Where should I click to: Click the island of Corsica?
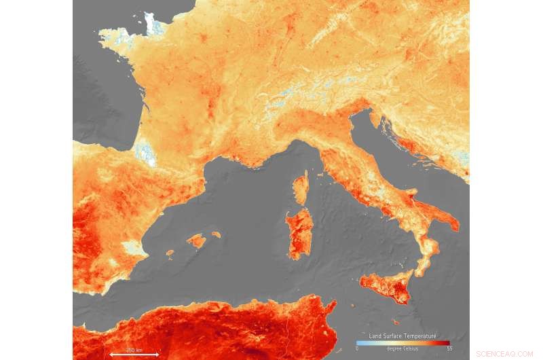[x=301, y=188]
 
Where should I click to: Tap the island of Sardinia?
[x=299, y=232]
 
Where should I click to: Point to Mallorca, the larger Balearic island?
[x=197, y=240]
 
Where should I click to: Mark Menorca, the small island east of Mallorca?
[x=216, y=235]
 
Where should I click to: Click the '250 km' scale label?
[x=134, y=350]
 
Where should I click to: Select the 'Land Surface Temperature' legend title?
[x=403, y=336]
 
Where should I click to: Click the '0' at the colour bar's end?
[x=357, y=348]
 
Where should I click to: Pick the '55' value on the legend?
[x=449, y=348]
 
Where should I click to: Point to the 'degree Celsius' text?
[x=403, y=348]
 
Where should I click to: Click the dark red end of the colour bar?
[x=448, y=342]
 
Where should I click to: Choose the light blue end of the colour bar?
[x=359, y=342]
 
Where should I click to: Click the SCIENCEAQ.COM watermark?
[x=504, y=354]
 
